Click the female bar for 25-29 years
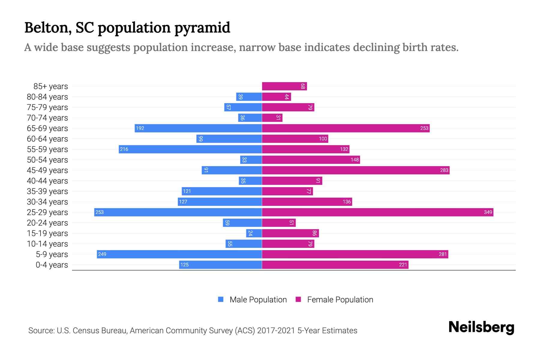click(377, 212)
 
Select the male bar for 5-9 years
click(179, 254)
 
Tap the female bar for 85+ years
click(284, 86)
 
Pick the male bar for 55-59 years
click(190, 149)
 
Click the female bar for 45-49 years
click(355, 170)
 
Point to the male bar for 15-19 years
click(254, 233)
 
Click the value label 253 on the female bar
click(424, 128)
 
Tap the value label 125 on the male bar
click(184, 265)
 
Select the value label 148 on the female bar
click(355, 160)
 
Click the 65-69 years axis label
click(47, 128)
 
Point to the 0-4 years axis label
click(52, 265)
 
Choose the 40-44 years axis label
click(47, 181)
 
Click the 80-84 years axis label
click(47, 97)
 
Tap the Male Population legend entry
click(258, 299)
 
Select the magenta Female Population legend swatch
click(298, 299)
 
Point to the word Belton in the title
click(48, 28)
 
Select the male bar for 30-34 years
click(220, 202)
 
